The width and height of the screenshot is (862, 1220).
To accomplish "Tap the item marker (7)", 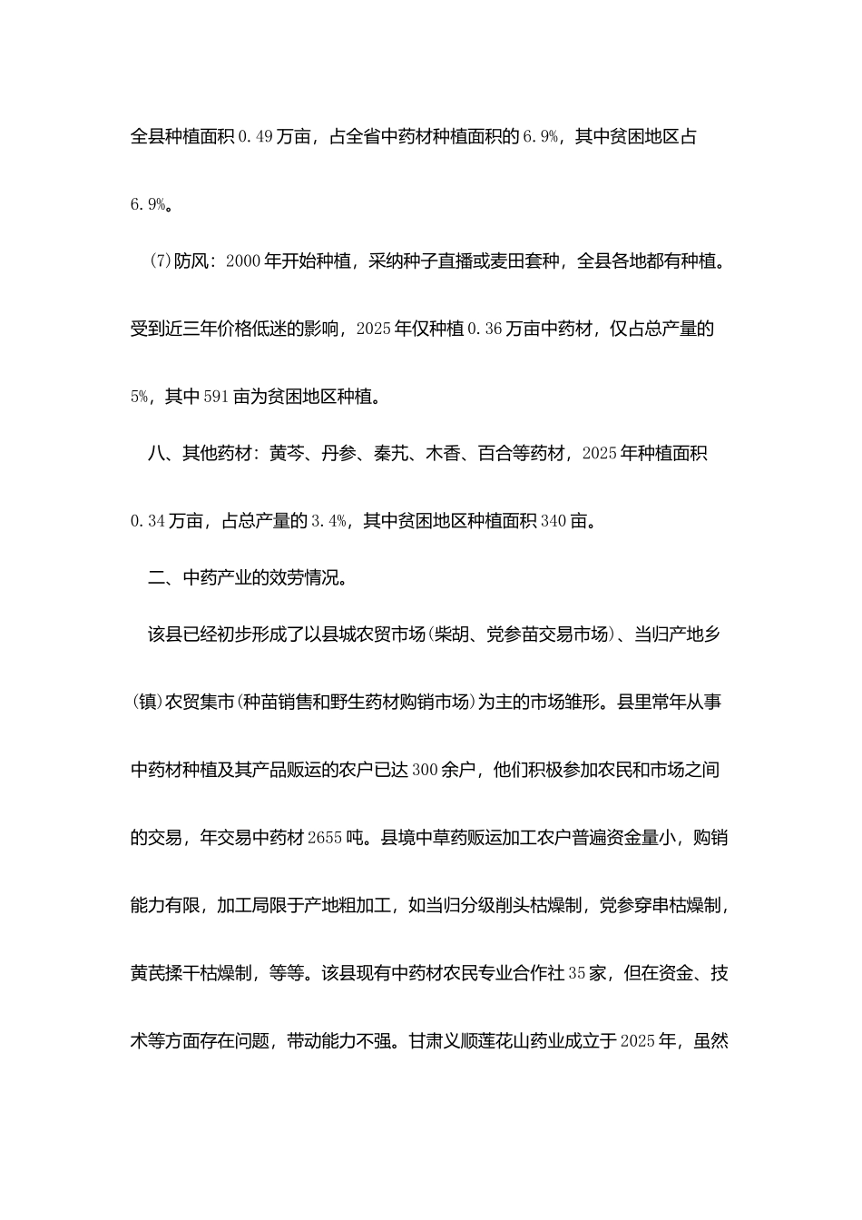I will [160, 262].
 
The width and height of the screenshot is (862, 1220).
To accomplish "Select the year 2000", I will [242, 262].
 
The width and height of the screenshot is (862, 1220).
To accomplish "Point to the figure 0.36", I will [484, 330].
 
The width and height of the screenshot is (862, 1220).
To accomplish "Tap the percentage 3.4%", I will [329, 521].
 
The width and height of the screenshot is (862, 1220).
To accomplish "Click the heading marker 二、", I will [164, 577].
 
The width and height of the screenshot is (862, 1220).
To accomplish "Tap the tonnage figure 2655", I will [325, 838].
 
